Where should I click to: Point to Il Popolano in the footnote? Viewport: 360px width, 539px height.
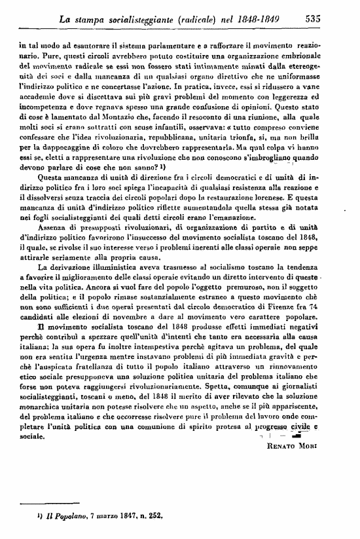63,516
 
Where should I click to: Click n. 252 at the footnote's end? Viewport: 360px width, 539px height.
149,516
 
